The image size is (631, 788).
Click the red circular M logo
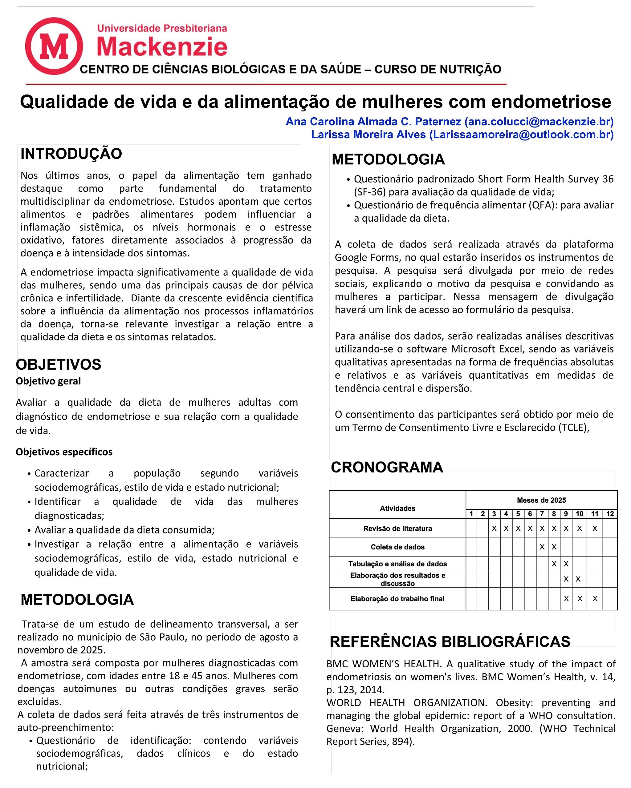point(54,46)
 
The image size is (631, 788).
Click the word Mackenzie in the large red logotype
point(162,47)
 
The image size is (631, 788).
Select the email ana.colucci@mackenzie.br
point(539,122)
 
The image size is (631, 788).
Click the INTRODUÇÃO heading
point(71,154)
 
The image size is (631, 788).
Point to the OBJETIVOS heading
point(59,365)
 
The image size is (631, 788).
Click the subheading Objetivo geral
point(48,381)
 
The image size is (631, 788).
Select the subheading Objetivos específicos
point(64,452)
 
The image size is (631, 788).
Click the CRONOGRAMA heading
point(387,468)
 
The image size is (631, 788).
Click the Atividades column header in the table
point(398,509)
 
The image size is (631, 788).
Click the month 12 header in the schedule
point(610,514)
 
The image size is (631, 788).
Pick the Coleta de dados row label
point(398,547)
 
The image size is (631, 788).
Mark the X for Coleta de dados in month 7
point(542,547)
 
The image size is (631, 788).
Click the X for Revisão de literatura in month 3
point(494,529)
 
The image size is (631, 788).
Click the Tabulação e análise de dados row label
point(398,564)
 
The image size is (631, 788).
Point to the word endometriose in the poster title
point(551,102)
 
